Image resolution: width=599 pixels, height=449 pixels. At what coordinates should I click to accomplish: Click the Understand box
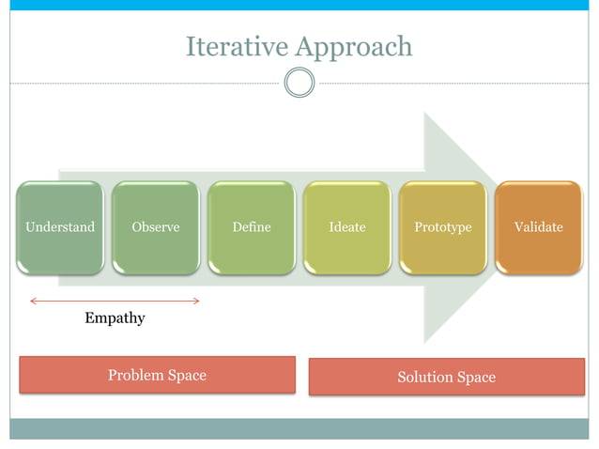60,227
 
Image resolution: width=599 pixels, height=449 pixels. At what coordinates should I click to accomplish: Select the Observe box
156,227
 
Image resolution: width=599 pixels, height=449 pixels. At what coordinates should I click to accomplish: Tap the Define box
252,227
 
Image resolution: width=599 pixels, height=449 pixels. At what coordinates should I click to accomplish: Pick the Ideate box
347,227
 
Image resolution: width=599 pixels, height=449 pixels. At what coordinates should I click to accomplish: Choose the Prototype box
443,227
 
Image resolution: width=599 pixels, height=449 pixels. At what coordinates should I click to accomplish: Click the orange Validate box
539,227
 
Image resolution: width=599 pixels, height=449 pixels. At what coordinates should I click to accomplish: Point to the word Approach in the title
354,47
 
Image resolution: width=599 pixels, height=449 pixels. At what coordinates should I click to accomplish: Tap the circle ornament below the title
299,83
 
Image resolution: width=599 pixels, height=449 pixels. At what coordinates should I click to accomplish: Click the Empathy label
115,317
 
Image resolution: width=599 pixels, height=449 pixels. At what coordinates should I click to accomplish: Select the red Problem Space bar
157,374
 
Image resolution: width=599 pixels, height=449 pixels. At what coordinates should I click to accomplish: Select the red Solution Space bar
446,377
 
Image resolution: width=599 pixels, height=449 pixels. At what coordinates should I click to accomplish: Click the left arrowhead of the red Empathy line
33,301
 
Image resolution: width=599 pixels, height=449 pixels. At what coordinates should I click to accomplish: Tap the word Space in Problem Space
186,375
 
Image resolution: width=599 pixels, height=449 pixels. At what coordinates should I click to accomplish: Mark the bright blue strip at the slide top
299,5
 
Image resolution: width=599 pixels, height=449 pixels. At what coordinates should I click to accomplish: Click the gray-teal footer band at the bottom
299,428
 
